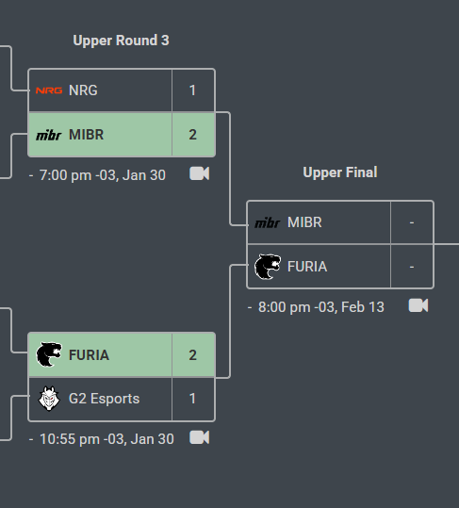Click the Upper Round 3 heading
121,41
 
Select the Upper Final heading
340,172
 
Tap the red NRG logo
49,90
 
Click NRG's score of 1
192,90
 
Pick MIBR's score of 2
192,135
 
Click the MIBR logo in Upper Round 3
49,135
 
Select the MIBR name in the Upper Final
304,222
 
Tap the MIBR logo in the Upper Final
268,222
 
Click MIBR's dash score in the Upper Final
412,222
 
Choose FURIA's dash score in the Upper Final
412,267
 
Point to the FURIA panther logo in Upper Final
268,267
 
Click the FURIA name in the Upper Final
307,267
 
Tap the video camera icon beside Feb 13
418,305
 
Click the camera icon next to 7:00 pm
199,173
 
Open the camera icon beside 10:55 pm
199,437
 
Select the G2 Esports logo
49,399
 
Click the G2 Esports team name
104,399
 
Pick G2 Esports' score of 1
192,399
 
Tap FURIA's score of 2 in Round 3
192,355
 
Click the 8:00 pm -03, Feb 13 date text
321,307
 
